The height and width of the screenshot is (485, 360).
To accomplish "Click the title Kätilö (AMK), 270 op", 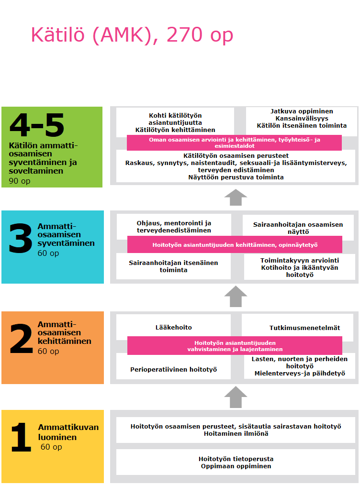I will tap(132, 35).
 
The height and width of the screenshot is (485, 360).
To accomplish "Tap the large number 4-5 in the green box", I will tap(36, 125).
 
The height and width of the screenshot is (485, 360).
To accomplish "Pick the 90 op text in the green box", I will tap(19, 181).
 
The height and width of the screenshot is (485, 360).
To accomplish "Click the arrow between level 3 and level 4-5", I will tap(236, 197).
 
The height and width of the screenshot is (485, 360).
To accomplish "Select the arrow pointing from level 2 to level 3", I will tap(236, 297).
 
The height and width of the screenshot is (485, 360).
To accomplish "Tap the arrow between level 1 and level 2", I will tap(236, 397).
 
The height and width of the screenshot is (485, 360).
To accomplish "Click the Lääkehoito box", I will tap(173, 327).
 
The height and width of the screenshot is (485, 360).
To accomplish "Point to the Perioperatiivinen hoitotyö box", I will tap(173, 369).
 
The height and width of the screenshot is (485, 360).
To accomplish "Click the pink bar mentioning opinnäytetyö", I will tap(235, 245).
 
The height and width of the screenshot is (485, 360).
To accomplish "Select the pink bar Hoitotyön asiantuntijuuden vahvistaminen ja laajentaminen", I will tap(235, 345).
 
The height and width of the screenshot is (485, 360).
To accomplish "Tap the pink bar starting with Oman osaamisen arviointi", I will tap(234, 143).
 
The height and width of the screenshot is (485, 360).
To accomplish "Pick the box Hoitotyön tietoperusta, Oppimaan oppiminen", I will tap(236, 462).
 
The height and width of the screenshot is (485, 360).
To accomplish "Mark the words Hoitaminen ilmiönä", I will tap(236, 433).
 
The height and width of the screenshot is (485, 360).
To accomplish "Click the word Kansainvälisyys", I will tap(302, 118).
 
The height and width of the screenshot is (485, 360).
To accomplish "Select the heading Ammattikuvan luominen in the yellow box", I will tap(68, 432).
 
